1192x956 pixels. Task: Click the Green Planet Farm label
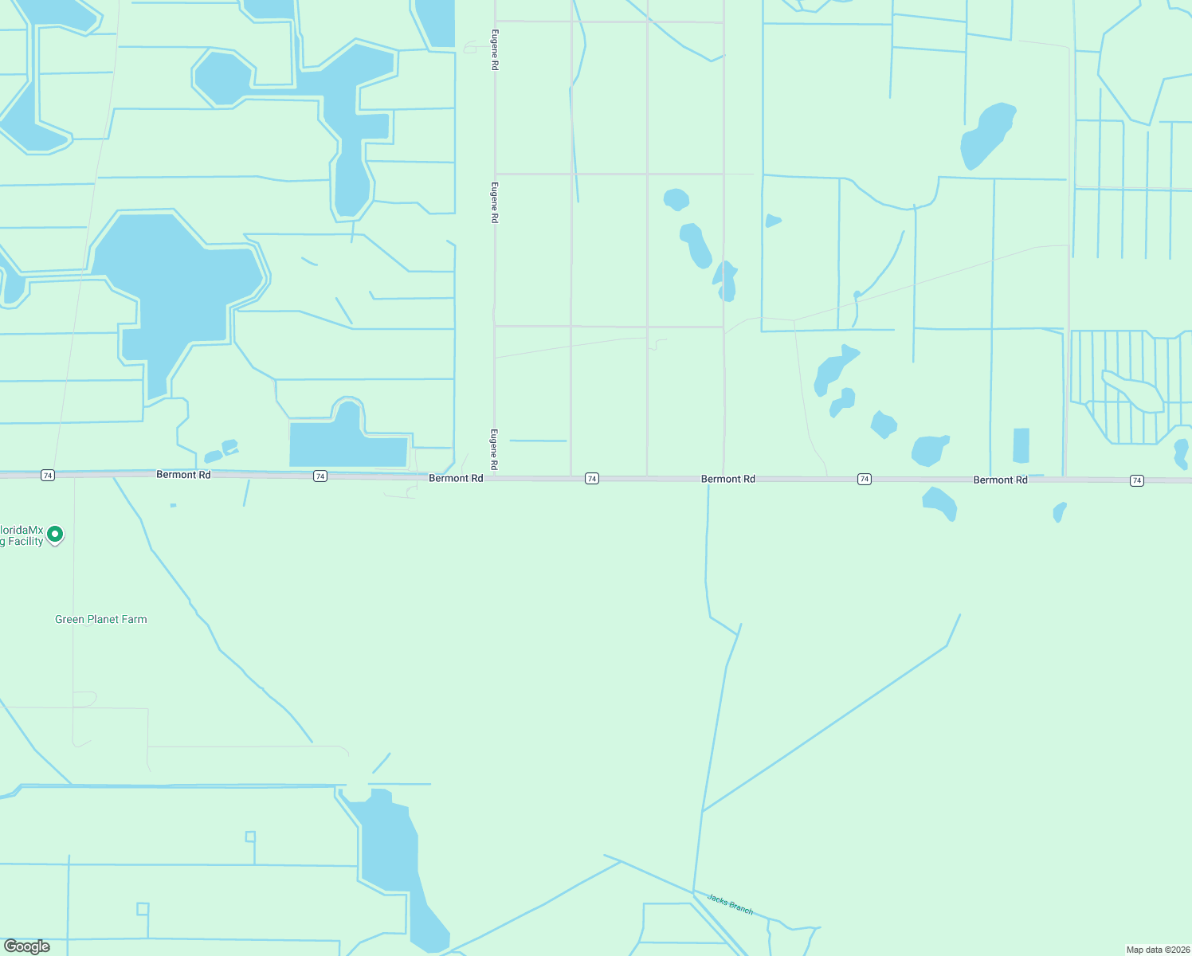pyautogui.click(x=101, y=619)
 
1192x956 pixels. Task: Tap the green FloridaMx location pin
pyautogui.click(x=55, y=534)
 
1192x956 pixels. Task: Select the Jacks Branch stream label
pyautogui.click(x=730, y=903)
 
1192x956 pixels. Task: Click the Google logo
pyautogui.click(x=27, y=946)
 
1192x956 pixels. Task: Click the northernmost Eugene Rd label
pyautogui.click(x=495, y=50)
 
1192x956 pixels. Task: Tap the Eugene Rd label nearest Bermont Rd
pyautogui.click(x=494, y=449)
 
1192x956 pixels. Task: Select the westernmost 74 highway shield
pyautogui.click(x=48, y=475)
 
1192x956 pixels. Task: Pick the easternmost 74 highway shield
pyautogui.click(x=1137, y=480)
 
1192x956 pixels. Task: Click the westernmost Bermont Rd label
pyautogui.click(x=183, y=475)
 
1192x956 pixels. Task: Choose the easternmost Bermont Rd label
pyautogui.click(x=1000, y=480)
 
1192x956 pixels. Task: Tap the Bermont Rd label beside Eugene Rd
pyautogui.click(x=456, y=478)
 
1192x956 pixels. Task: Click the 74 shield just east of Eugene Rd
pyautogui.click(x=591, y=478)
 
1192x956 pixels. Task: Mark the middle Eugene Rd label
pyautogui.click(x=495, y=202)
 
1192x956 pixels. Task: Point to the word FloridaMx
pyautogui.click(x=22, y=530)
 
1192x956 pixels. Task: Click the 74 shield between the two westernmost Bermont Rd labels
pyautogui.click(x=320, y=476)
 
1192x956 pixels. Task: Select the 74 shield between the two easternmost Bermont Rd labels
pyautogui.click(x=865, y=479)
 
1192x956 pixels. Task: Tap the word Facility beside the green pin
pyautogui.click(x=25, y=542)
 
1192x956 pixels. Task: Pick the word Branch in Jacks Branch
pyautogui.click(x=740, y=907)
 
